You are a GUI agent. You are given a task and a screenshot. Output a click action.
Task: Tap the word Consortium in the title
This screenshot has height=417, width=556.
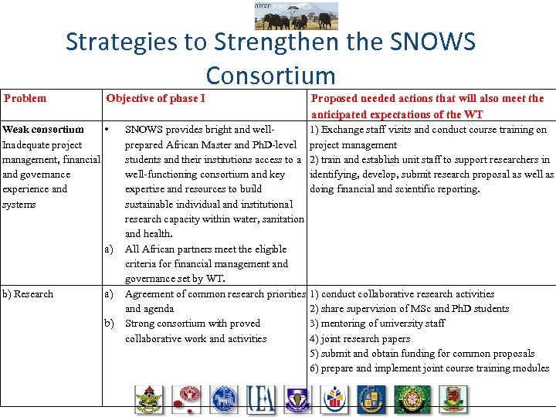tap(271, 76)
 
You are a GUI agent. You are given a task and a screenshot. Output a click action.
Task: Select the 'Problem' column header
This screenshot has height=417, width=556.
tap(25, 98)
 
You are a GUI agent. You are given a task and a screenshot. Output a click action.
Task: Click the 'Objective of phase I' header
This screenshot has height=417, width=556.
tap(155, 98)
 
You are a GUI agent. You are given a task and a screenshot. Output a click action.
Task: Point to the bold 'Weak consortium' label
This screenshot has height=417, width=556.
tap(43, 130)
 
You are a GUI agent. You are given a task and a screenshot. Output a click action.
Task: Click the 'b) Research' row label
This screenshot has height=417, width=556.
tap(29, 293)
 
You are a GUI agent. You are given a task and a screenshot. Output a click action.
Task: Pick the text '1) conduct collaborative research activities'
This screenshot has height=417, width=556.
tap(402, 293)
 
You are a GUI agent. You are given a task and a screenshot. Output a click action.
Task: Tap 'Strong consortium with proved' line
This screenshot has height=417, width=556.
tap(192, 324)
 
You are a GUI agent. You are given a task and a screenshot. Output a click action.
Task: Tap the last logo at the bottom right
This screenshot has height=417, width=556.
tap(454, 398)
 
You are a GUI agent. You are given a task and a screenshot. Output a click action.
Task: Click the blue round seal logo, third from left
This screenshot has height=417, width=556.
tap(223, 398)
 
